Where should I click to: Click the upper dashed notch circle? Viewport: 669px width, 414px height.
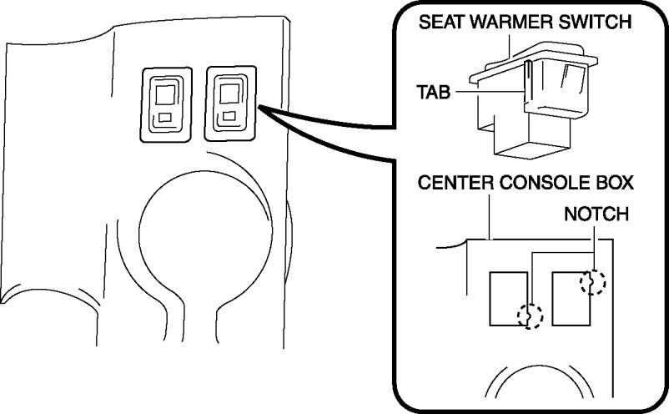pos(591,284)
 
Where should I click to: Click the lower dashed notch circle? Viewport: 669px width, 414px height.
pos(530,316)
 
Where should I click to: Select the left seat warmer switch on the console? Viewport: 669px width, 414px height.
pos(168,103)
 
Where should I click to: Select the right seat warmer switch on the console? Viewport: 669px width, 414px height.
pos(228,102)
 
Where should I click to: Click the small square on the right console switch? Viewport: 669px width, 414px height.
pos(227,117)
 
